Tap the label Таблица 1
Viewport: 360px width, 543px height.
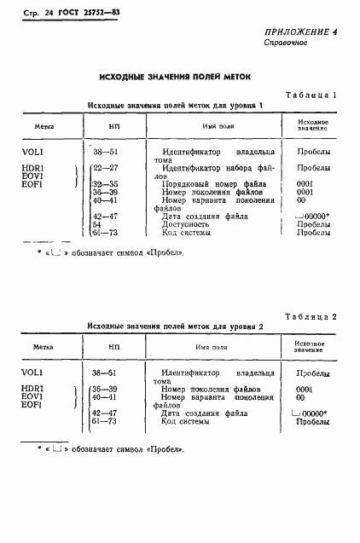(x=312, y=95)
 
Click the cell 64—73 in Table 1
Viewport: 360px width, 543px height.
(x=107, y=232)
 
